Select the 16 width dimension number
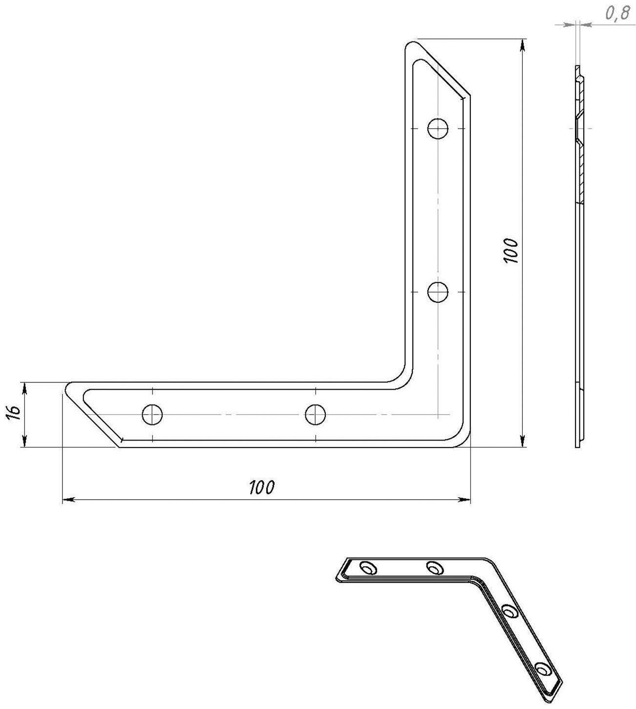click(x=14, y=414)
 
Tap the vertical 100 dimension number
click(x=510, y=251)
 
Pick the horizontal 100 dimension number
click(x=262, y=487)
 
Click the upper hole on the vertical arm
click(x=438, y=129)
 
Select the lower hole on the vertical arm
click(x=438, y=292)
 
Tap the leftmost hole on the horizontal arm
click(x=152, y=415)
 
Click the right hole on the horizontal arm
click(x=316, y=415)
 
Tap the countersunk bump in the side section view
click(x=577, y=129)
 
